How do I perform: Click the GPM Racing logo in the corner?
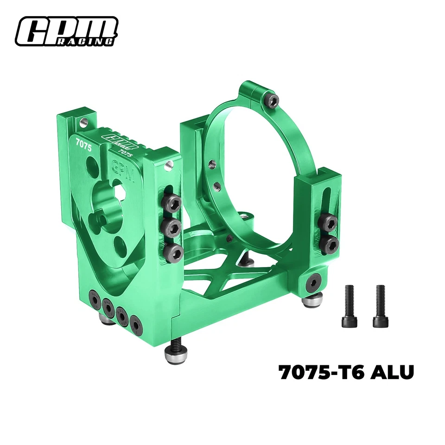(66, 32)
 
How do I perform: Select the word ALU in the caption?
(392, 373)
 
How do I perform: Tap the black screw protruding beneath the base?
(176, 343)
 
